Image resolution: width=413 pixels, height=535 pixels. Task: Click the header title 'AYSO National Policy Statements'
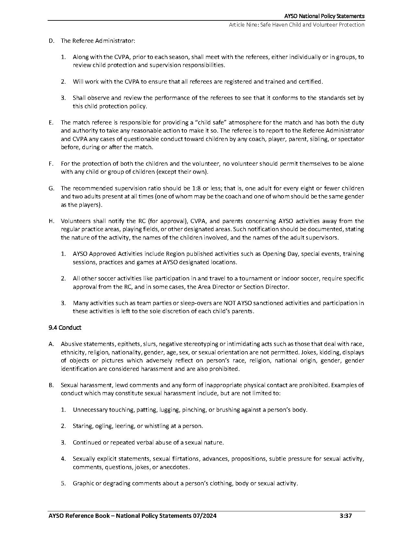[x=324, y=16]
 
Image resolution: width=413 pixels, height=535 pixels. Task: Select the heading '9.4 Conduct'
[x=65, y=327]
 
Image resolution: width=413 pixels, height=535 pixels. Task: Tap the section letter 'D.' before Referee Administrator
[x=51, y=41]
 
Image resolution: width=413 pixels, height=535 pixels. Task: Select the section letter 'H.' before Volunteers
[x=51, y=221]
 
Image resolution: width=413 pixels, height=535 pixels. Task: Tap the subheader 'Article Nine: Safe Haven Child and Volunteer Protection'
[x=296, y=25]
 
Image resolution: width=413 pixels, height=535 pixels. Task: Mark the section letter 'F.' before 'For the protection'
[x=51, y=164]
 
